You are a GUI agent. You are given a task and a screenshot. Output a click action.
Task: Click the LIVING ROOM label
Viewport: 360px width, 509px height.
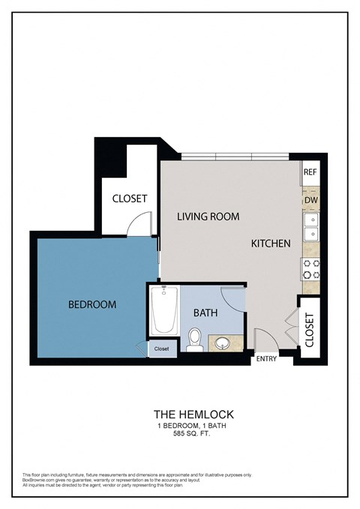208,217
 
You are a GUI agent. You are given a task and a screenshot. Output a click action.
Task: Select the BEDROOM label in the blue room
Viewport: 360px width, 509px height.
91,304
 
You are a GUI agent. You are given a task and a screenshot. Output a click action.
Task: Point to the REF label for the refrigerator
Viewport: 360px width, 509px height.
310,172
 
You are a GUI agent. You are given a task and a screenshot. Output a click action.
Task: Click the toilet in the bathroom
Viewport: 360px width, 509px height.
194,340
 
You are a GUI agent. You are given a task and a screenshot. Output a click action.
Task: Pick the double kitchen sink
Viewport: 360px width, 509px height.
310,227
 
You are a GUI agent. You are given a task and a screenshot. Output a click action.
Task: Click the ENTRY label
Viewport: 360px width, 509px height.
266,359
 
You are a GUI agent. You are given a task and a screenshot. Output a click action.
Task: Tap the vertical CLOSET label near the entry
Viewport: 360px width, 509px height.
310,329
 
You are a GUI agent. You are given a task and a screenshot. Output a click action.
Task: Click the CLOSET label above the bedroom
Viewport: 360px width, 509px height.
129,199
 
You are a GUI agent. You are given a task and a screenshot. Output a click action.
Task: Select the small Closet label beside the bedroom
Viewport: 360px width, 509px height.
162,349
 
